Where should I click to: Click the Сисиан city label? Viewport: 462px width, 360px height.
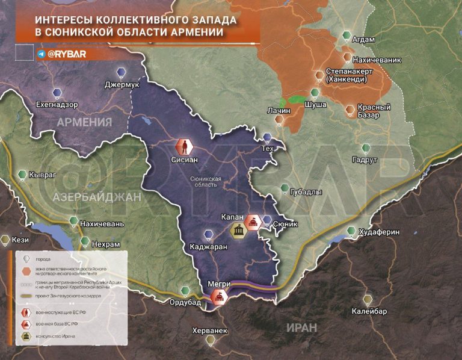click(184, 160)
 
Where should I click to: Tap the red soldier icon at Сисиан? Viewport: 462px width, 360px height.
click(183, 146)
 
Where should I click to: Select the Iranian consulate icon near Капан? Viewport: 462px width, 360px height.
click(238, 230)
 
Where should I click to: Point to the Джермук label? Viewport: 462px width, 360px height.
click(122, 85)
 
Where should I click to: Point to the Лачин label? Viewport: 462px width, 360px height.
click(279, 111)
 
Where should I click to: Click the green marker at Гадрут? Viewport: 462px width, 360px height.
click(365, 148)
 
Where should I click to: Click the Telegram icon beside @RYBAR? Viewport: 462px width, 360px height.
click(41, 54)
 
